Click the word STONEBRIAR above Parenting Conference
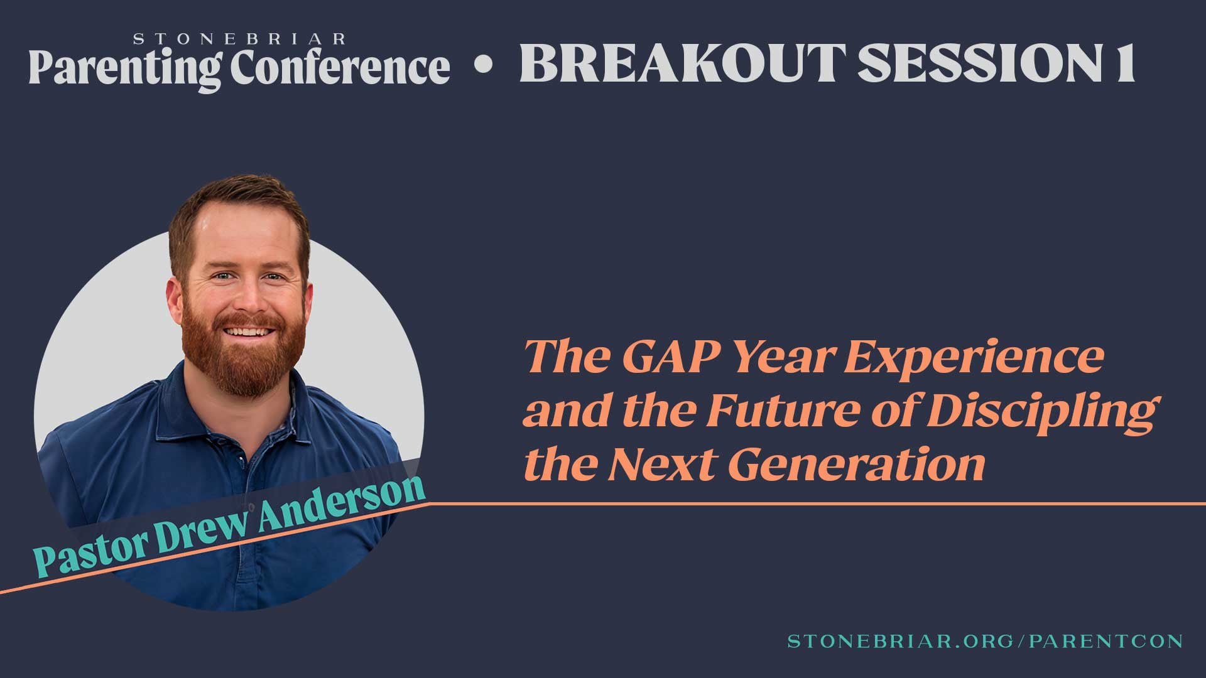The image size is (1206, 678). point(239,40)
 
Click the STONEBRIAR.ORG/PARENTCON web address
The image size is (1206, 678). point(985,641)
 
